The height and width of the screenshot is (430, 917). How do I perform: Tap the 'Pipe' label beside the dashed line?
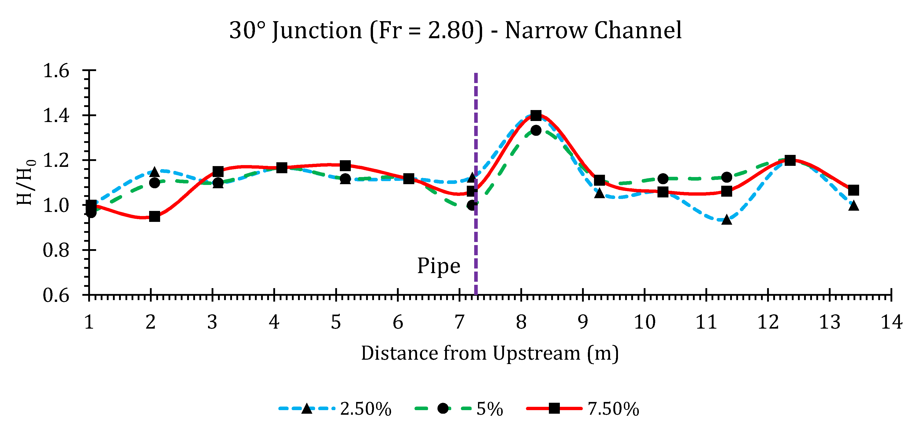tap(438, 266)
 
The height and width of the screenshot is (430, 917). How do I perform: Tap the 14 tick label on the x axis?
tap(891, 322)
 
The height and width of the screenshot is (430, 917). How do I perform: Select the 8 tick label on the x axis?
tap(521, 322)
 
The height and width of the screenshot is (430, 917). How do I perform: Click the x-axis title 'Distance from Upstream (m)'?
tap(489, 353)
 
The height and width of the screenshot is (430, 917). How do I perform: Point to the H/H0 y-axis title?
tap(26, 182)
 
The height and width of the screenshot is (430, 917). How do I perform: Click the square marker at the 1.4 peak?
tap(536, 115)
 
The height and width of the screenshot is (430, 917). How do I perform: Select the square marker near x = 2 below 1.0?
tap(154, 216)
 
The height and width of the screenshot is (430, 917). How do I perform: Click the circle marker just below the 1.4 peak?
tap(536, 130)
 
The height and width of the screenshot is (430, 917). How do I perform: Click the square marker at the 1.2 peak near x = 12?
tap(790, 160)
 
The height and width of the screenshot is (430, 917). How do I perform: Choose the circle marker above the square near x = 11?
tap(727, 177)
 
